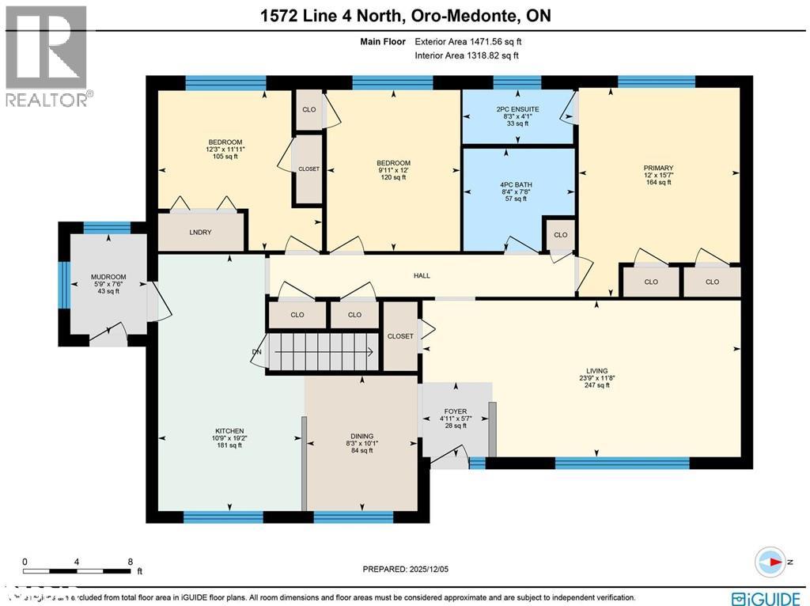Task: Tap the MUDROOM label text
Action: (108, 278)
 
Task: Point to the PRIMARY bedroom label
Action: (658, 168)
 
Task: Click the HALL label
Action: (422, 275)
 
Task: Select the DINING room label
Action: (361, 437)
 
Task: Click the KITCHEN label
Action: (228, 431)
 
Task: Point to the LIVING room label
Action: (596, 371)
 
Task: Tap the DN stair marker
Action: (256, 352)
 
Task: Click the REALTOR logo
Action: (47, 55)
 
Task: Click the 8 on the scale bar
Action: (129, 562)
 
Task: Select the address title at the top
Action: (404, 16)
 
